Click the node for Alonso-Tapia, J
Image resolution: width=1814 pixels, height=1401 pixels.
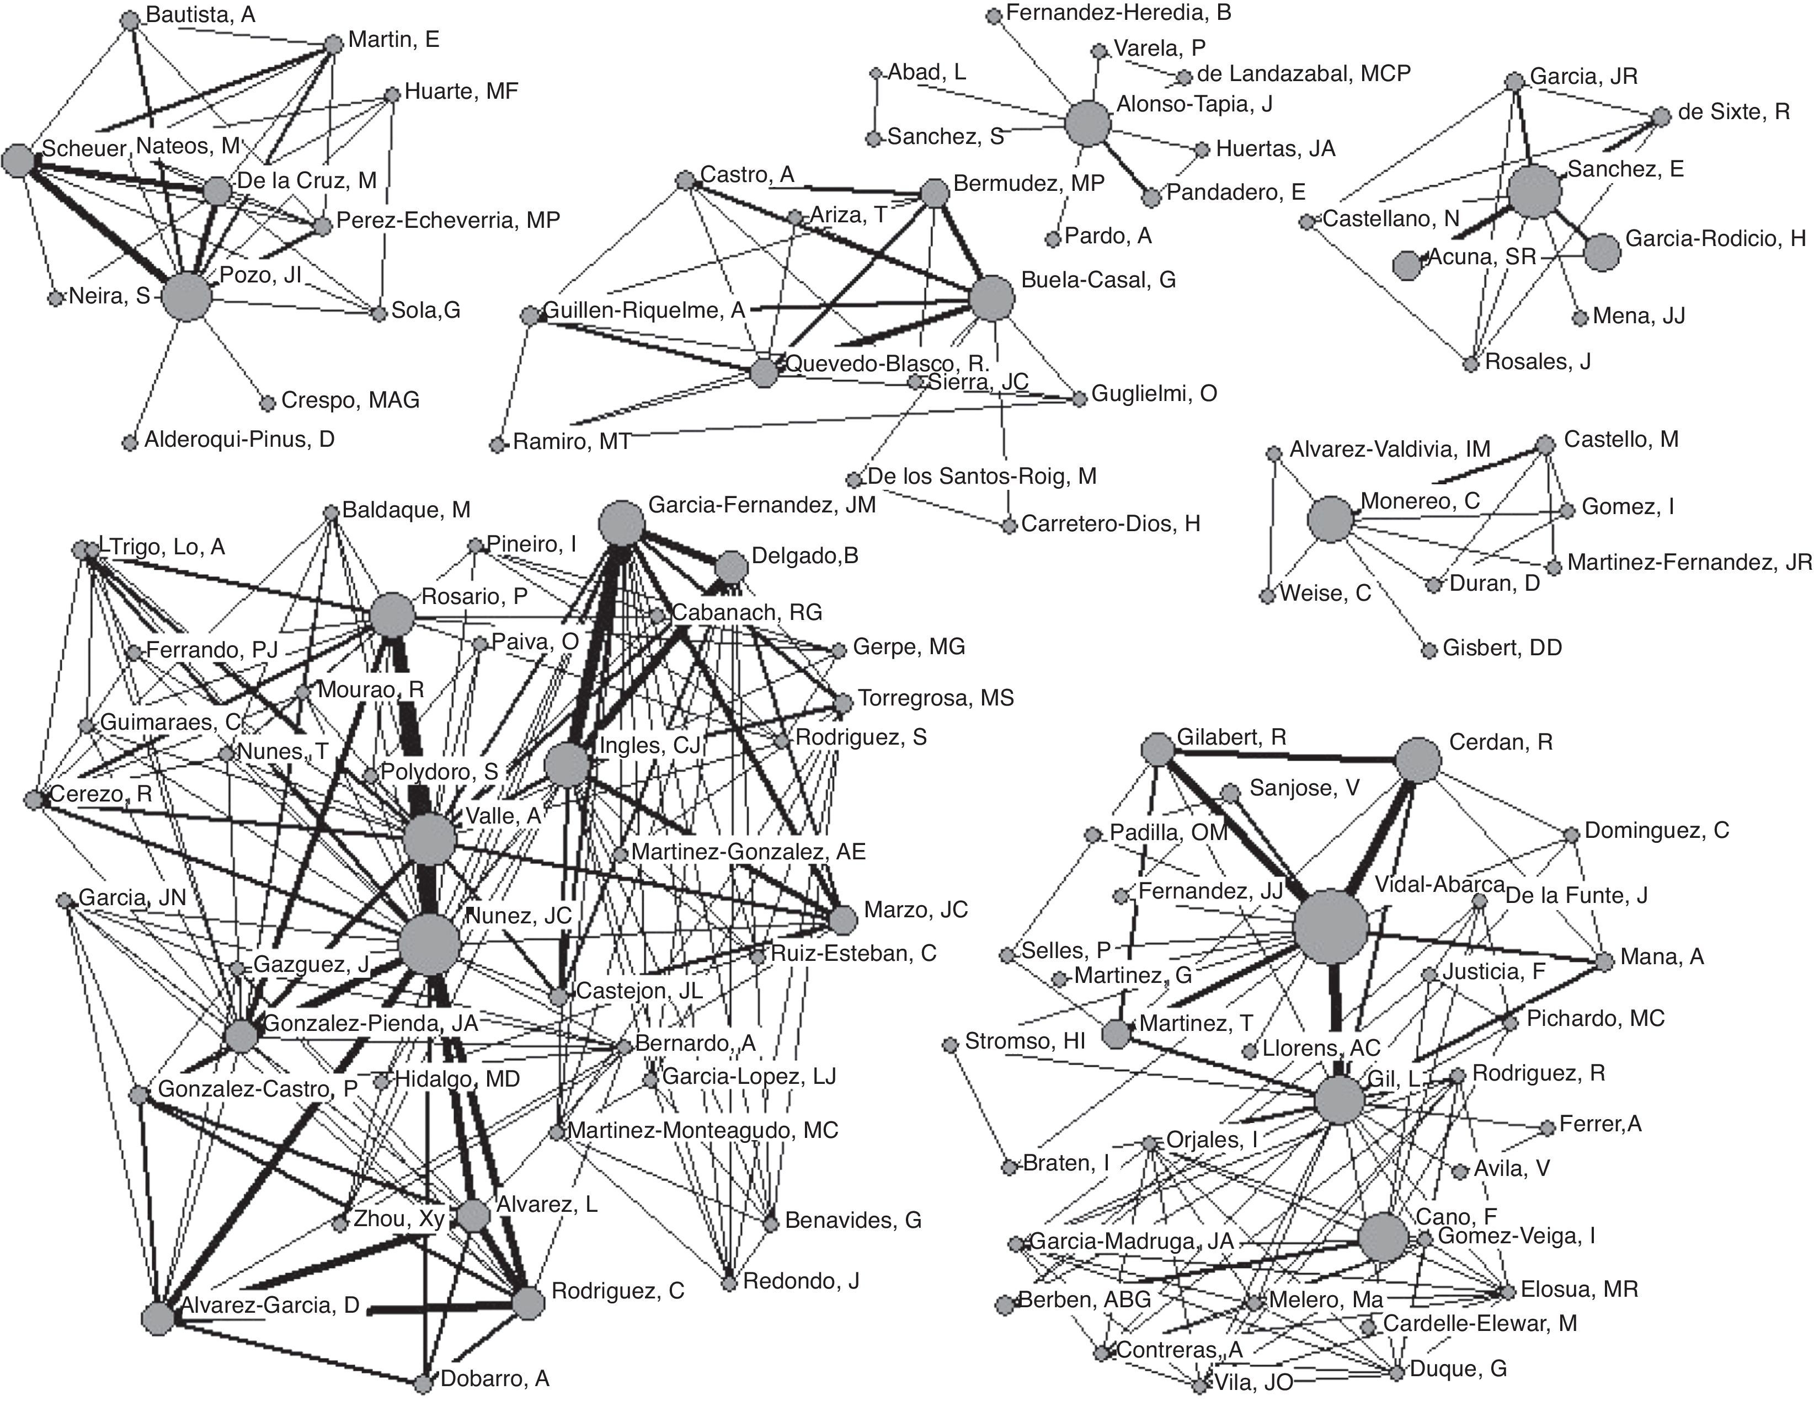(1087, 124)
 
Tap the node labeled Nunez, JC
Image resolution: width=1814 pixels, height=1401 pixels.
(429, 944)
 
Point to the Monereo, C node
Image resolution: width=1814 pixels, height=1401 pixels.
(1330, 520)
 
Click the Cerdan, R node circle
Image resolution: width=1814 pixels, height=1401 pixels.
(1418, 759)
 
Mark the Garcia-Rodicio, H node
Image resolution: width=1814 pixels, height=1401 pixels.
(1602, 253)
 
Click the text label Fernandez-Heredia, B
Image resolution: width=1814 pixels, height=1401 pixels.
(1118, 13)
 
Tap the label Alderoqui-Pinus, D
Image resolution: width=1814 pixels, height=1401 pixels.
(239, 439)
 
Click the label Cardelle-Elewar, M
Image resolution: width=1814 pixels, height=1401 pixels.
(1479, 1324)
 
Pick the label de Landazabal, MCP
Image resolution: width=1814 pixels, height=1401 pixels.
(1303, 74)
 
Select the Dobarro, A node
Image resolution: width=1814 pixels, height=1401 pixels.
(424, 1383)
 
